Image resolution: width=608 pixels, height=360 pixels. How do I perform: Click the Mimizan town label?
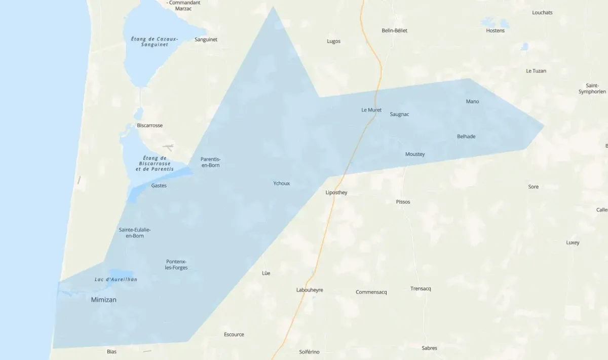coord(103,300)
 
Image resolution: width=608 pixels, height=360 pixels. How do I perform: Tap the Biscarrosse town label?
coord(149,125)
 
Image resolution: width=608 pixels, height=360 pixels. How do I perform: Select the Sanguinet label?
coord(206,39)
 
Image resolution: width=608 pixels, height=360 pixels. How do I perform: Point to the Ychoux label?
coord(281,183)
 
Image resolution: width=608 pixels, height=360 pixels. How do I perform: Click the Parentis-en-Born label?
coord(210,162)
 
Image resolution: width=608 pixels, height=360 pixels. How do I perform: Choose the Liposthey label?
coord(336,193)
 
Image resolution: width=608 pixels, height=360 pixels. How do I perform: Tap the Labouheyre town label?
coord(310,290)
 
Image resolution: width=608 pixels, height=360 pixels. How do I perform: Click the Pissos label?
coord(403,202)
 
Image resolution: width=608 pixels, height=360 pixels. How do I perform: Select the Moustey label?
coord(415,154)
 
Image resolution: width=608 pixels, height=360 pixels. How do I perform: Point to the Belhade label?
coord(466,136)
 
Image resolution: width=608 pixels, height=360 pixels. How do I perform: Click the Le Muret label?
coord(371,110)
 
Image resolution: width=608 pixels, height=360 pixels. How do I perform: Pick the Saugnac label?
coord(399,114)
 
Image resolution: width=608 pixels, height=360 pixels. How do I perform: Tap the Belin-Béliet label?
coord(394,30)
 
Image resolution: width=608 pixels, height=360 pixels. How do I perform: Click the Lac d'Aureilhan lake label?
coord(116,279)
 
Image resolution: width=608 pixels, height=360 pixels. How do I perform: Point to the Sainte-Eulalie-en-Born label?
coord(135,233)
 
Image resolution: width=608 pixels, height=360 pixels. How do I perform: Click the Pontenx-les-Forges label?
coord(176,265)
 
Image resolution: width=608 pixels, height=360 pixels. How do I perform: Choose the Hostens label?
coord(495,30)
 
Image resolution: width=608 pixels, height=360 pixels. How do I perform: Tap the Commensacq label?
coord(371,292)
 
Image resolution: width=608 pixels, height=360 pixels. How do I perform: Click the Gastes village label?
coord(159,186)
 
